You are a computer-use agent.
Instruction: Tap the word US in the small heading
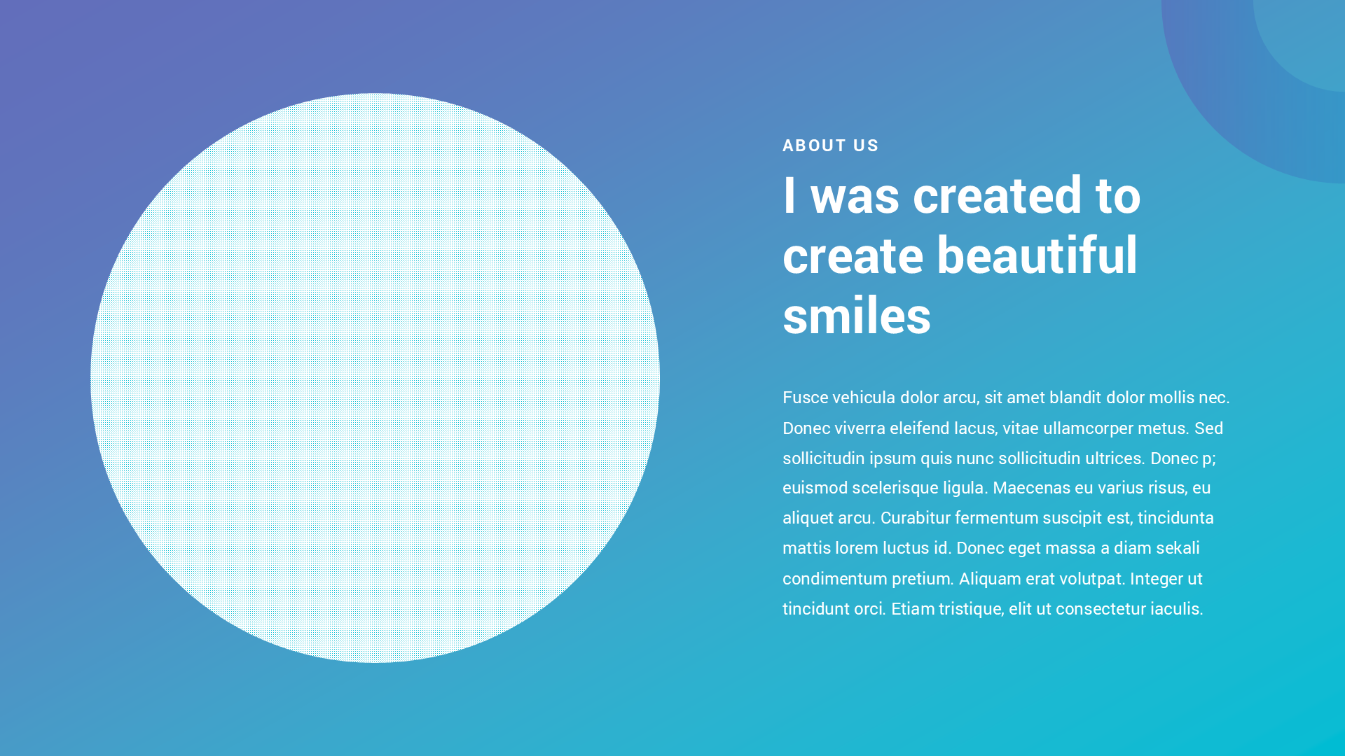tap(866, 146)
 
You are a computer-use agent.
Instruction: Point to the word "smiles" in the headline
tap(857, 316)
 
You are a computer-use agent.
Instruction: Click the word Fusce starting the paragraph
tap(805, 398)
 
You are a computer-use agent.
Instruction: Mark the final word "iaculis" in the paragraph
tap(1177, 609)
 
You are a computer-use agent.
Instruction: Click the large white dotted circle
tap(375, 378)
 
